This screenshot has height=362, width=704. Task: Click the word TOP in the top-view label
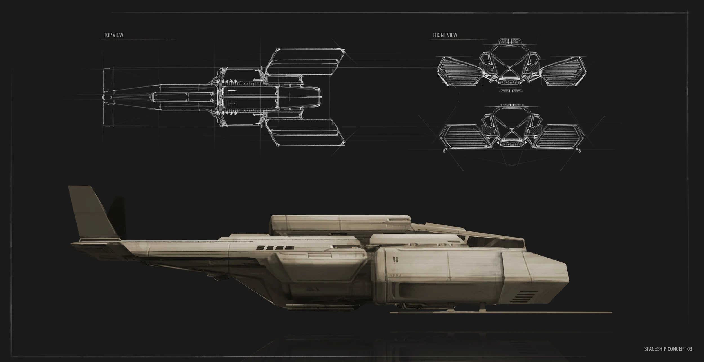108,35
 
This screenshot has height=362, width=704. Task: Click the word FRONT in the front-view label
438,35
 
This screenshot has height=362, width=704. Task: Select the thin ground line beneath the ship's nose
501,312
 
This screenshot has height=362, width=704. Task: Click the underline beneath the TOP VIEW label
138,39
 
